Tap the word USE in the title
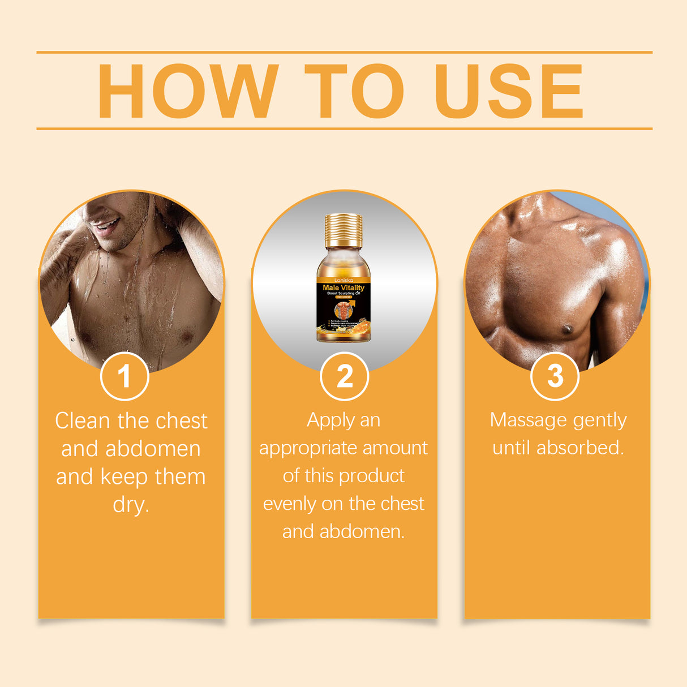coord(508,91)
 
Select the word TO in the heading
coord(354,91)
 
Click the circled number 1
coord(124,376)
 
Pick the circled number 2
coord(344,376)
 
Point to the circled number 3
coord(555,376)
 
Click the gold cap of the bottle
coord(343,231)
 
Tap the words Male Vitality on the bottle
coord(343,287)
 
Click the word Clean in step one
coord(82,421)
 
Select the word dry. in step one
coord(131,504)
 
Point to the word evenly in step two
coord(289,504)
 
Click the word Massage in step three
coord(528,420)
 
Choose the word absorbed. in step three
coord(580,448)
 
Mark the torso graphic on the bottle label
coord(342,310)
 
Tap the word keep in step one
coord(124,477)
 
